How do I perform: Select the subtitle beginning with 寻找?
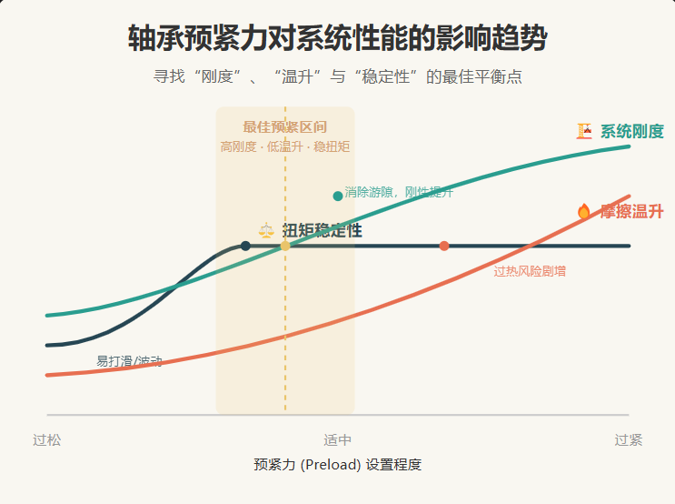(x=337, y=77)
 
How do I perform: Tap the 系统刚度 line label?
(x=631, y=131)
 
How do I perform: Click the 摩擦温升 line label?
(x=631, y=211)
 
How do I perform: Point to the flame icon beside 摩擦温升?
(x=584, y=211)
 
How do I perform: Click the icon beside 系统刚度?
(x=584, y=131)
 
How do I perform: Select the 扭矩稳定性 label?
(x=322, y=231)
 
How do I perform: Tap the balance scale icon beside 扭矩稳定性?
(x=266, y=231)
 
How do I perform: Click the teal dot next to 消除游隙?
(x=338, y=196)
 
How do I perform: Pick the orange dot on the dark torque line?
(x=444, y=246)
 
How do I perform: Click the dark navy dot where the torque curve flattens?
(x=245, y=246)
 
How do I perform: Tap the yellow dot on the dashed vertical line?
(x=285, y=246)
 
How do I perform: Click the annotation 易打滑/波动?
(x=130, y=361)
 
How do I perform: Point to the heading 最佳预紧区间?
(x=284, y=127)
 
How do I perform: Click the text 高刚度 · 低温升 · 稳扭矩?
(x=284, y=146)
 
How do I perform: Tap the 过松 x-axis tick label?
(x=47, y=440)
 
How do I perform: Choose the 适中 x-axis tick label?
(x=337, y=440)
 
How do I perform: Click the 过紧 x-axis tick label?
(x=628, y=440)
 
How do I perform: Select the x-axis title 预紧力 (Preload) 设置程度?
(x=337, y=465)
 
